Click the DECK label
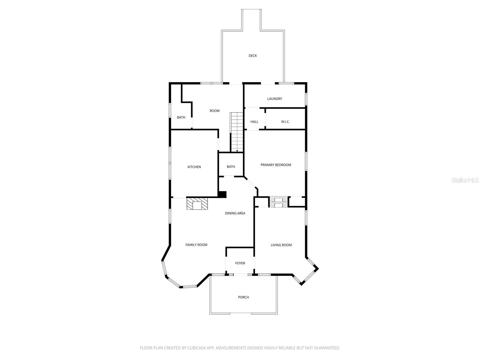pyautogui.click(x=253, y=56)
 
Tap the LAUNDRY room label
pyautogui.click(x=274, y=99)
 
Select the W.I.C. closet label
pyautogui.click(x=285, y=122)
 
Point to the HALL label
pyautogui.click(x=254, y=122)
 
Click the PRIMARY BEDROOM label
pyautogui.click(x=276, y=165)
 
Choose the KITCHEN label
pyautogui.click(x=194, y=167)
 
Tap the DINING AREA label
pyautogui.click(x=235, y=213)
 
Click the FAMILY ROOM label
pyautogui.click(x=196, y=245)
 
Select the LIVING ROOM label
pyautogui.click(x=281, y=245)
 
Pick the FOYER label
pyautogui.click(x=240, y=263)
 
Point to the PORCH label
pyautogui.click(x=243, y=297)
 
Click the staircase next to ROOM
pyautogui.click(x=236, y=132)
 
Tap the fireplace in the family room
pyautogui.click(x=197, y=204)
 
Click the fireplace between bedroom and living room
pyautogui.click(x=279, y=202)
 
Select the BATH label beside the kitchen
pyautogui.click(x=231, y=167)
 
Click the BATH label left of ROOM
pyautogui.click(x=181, y=118)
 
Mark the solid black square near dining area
pyautogui.click(x=222, y=194)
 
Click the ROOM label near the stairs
pyautogui.click(x=214, y=111)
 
